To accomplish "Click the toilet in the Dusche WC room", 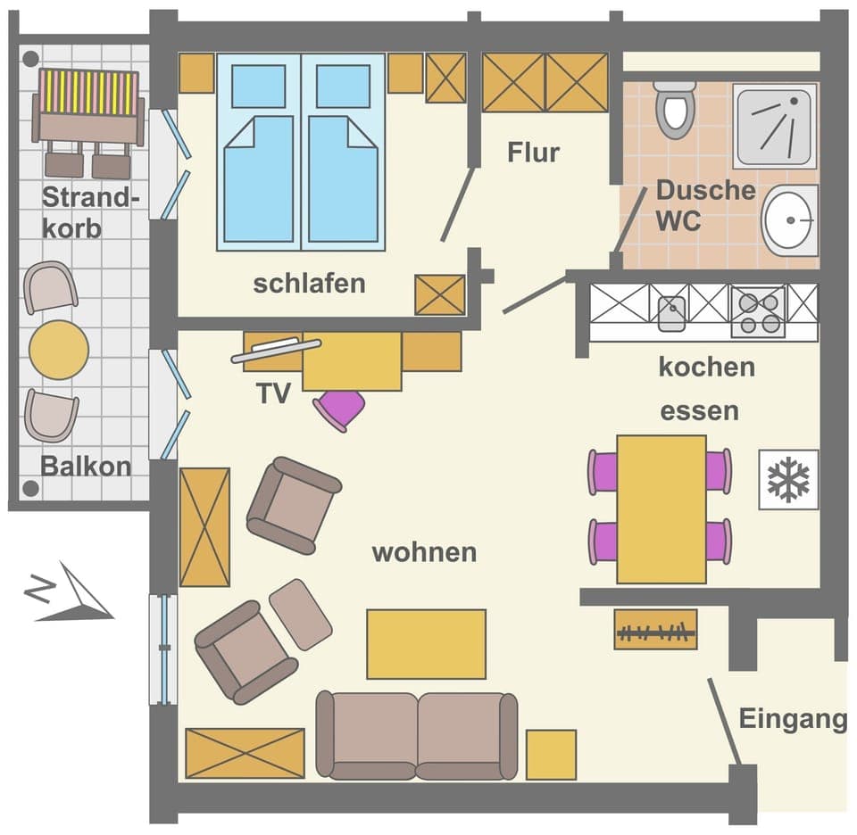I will [674, 109].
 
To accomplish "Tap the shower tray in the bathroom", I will [775, 126].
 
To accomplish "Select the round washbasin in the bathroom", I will [790, 219].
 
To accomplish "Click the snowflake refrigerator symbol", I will [788, 480].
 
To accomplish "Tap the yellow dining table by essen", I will [661, 508].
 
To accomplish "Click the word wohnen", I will [424, 552].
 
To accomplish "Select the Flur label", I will [533, 153].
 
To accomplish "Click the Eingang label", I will [792, 719].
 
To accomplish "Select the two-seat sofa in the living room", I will [417, 735].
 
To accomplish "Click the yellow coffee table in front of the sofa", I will [426, 644].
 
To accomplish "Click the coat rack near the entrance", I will [655, 630].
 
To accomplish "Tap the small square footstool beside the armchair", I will [301, 614].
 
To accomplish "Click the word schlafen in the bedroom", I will [309, 284].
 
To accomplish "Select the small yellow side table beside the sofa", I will [551, 755].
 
